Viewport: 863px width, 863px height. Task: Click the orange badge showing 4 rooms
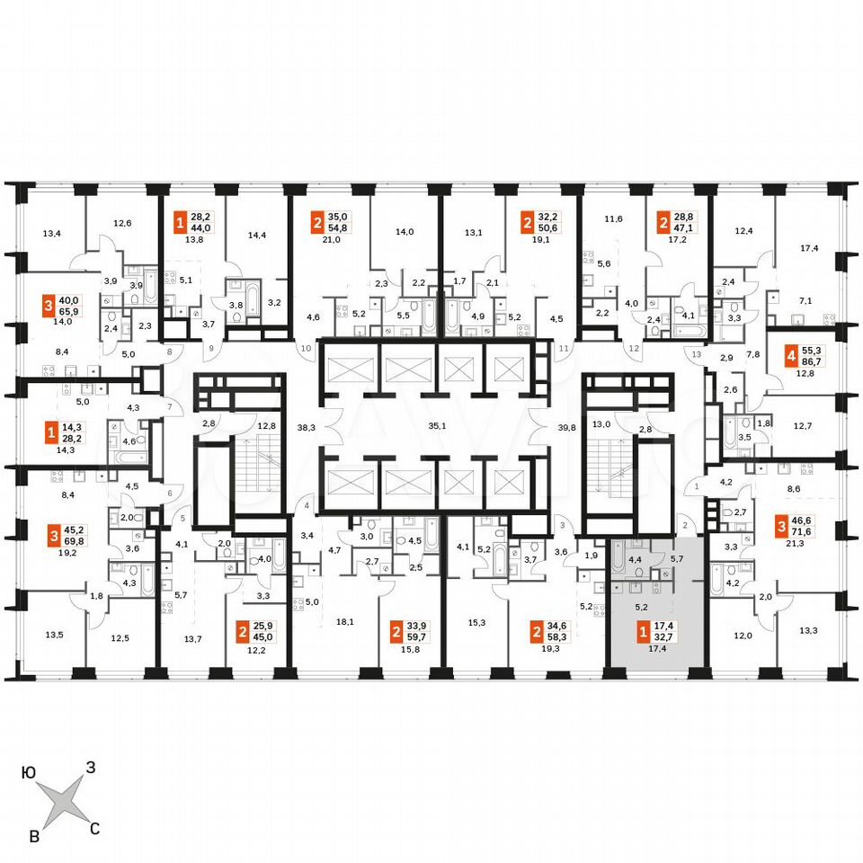point(791,356)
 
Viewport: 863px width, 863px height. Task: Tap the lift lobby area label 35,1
point(437,425)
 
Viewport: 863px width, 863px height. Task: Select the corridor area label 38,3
point(306,426)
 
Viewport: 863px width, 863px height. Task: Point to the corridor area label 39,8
point(566,426)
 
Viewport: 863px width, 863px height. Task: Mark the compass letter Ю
point(28,773)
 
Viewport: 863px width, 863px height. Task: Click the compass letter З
point(90,767)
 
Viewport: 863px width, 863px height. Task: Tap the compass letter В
point(34,837)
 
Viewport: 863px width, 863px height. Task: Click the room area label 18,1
point(345,622)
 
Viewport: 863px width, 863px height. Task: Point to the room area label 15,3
point(476,622)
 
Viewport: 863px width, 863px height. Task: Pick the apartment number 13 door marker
point(697,354)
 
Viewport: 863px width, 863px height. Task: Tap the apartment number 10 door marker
point(307,348)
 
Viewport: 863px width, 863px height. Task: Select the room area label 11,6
point(614,218)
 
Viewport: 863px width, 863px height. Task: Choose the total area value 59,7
point(416,637)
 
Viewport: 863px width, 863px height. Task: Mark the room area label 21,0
point(332,239)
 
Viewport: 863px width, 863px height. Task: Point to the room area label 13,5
point(54,635)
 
